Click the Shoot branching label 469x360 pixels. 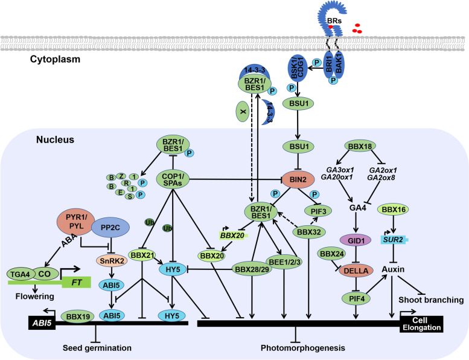tap(434, 300)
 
